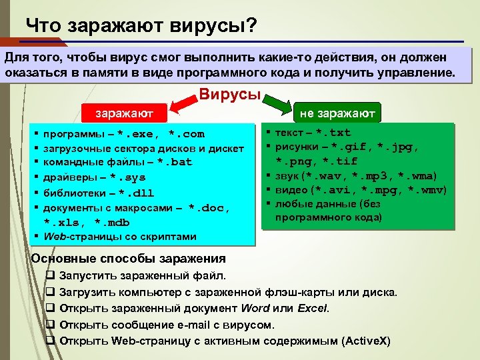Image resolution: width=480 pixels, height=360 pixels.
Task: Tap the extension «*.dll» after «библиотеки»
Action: point(135,193)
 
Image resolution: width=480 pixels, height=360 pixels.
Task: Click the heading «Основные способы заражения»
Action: point(129,259)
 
